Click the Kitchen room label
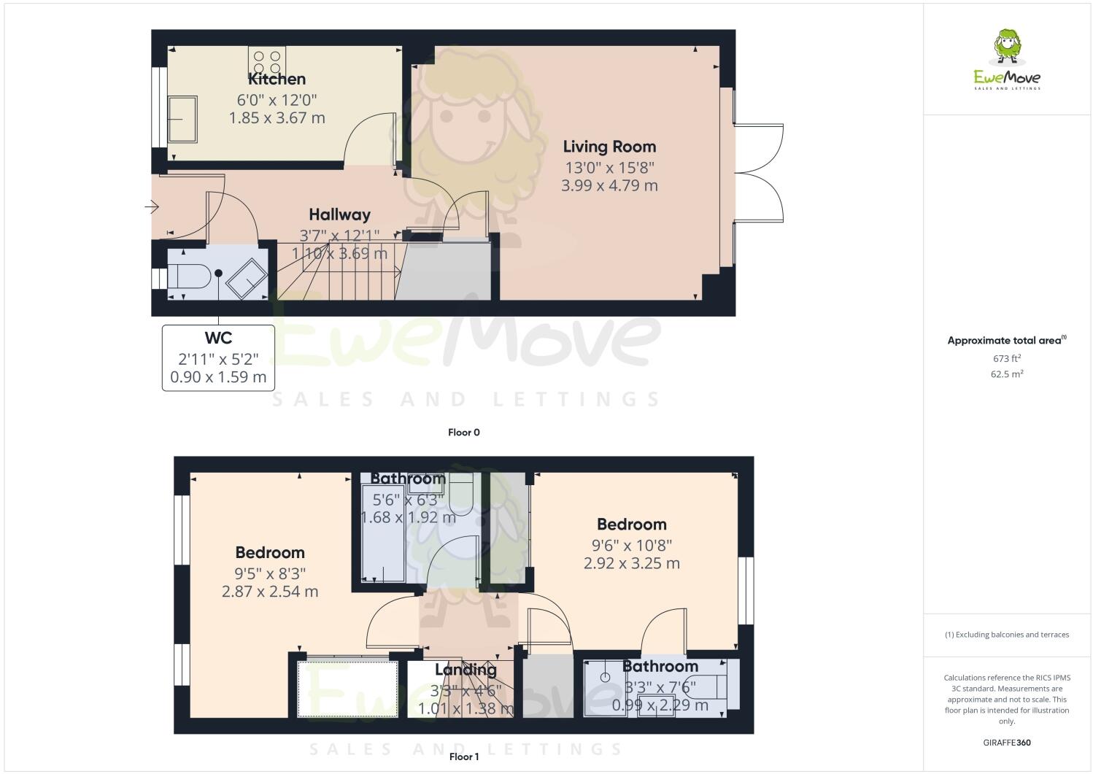[x=277, y=79]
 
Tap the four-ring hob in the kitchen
[x=267, y=59]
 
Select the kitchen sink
[x=182, y=120]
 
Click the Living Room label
[x=609, y=147]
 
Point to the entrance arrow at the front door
[x=152, y=209]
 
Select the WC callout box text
[x=218, y=357]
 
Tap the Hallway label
[x=339, y=214]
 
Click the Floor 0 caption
[x=463, y=433]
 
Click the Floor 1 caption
[x=463, y=756]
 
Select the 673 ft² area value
[x=1007, y=358]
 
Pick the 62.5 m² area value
[x=1007, y=374]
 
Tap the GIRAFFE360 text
[x=1007, y=743]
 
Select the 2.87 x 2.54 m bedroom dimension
[x=270, y=592]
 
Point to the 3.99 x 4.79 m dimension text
[x=609, y=186]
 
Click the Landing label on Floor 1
[x=466, y=670]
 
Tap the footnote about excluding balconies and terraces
[x=1007, y=635]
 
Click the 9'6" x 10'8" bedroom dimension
[x=631, y=544]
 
